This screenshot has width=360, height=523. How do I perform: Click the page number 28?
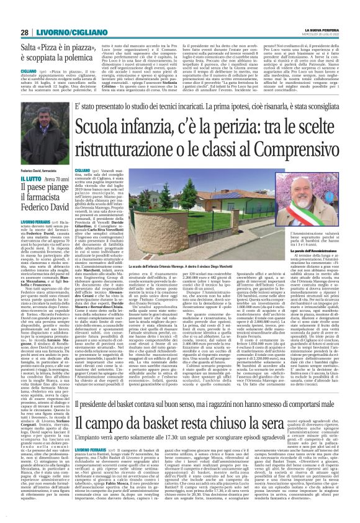pyautogui.click(x=25, y=32)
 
